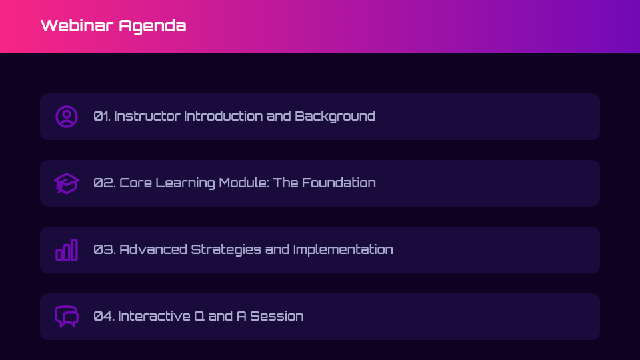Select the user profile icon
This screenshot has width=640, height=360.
coord(67,117)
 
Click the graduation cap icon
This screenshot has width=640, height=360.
coord(67,183)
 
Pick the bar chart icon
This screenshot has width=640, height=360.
coord(67,250)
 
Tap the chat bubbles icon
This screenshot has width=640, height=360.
coord(67,317)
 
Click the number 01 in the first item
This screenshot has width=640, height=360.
coord(101,116)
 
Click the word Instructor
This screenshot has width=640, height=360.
coord(147,116)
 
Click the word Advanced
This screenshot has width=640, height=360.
coord(153,249)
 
